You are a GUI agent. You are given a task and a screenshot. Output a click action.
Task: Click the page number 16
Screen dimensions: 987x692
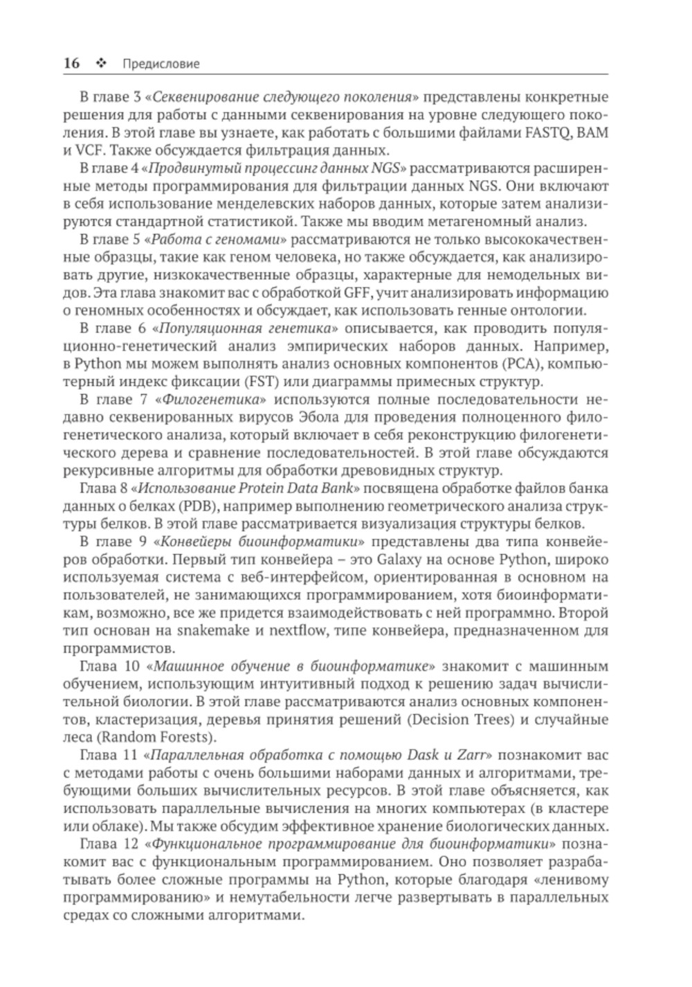pos(71,64)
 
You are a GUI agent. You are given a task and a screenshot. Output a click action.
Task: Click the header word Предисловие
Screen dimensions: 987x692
pos(160,64)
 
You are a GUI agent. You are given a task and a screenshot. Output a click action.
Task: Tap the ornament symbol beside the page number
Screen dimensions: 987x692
pos(101,64)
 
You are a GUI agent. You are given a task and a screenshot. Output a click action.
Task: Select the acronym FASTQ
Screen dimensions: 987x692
pos(543,132)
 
